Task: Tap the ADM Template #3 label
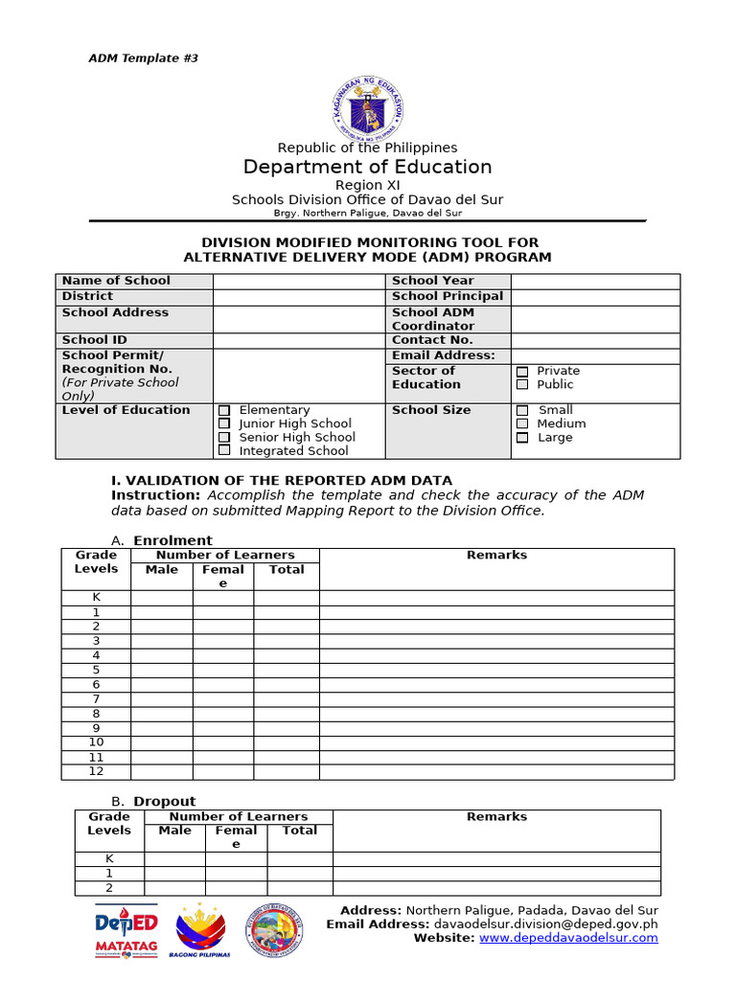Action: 143,58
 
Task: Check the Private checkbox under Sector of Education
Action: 522,372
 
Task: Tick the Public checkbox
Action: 522,385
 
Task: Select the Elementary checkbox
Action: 224,410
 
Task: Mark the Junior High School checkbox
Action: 224,423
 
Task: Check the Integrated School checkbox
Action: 224,450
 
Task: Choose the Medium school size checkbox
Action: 522,423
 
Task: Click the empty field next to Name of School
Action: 299,281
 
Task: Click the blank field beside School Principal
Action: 595,297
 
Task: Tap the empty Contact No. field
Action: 595,340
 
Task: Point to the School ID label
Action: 94,340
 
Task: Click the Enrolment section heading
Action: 172,540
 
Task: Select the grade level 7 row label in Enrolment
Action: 96,699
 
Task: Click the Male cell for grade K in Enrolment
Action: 162,598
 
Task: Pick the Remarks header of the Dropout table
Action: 496,817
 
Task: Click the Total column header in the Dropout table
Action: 299,831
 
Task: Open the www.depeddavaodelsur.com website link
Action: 568,938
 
